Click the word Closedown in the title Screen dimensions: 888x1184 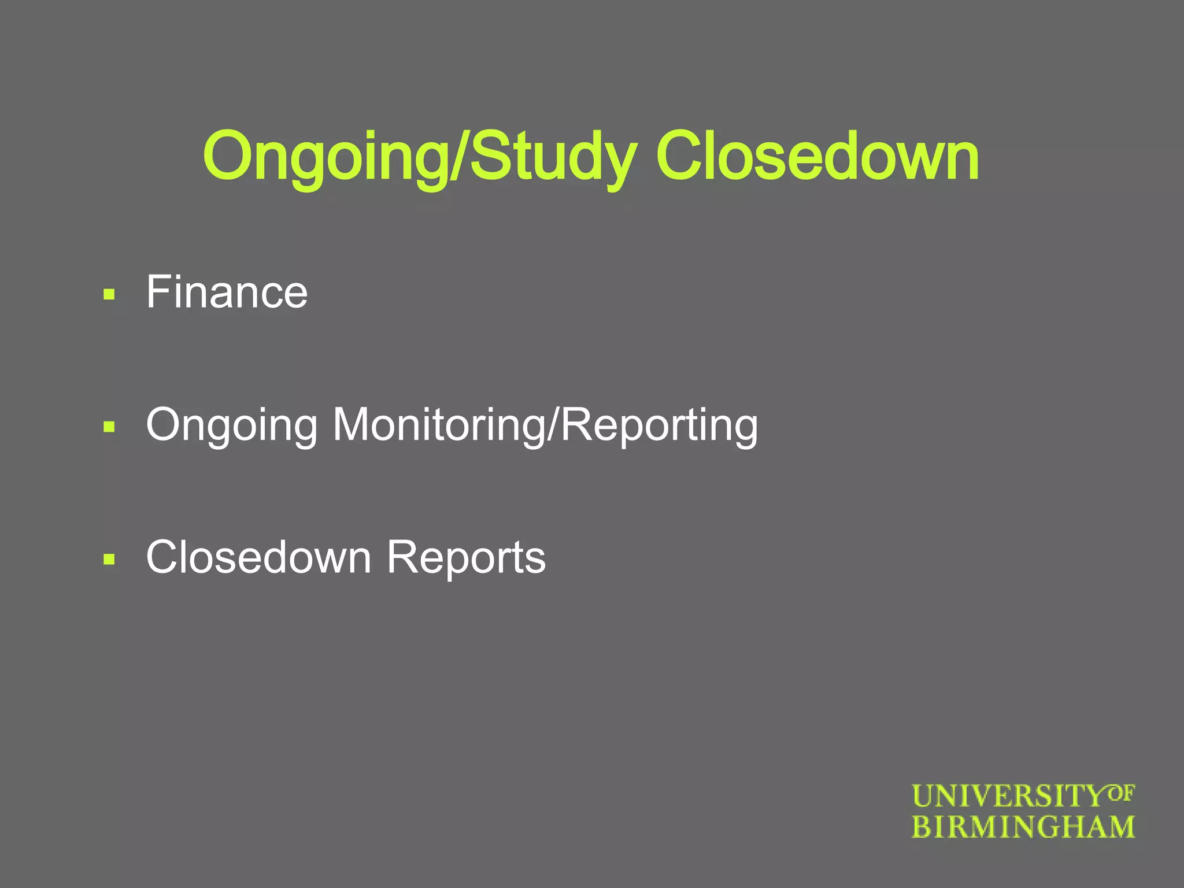tap(817, 156)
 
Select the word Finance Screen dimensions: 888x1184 tap(227, 292)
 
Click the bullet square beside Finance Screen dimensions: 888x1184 tap(109, 295)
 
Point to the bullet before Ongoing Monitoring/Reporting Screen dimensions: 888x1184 tap(109, 427)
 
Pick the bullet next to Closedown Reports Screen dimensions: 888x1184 tap(109, 560)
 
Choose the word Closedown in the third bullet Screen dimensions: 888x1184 tap(258, 557)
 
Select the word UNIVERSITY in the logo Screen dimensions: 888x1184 tap(1008, 797)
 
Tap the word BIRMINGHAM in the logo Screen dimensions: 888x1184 tap(1023, 827)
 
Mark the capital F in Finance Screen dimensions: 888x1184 tap(160, 292)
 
